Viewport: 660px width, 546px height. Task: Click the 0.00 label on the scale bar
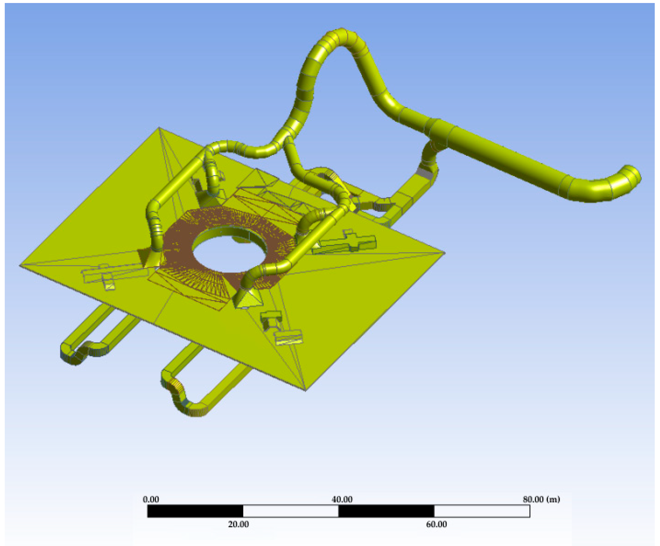click(151, 500)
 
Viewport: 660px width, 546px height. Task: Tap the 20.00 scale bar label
click(238, 524)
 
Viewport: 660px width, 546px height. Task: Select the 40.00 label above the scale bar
click(342, 500)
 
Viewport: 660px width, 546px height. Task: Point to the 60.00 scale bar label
click(436, 524)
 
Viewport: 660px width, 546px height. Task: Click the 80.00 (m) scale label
click(541, 500)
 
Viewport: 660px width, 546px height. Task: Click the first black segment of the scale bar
click(195, 511)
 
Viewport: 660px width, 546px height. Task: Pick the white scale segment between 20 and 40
click(291, 511)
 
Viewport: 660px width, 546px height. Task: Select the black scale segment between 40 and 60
click(386, 511)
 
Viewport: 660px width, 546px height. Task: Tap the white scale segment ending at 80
click(482, 511)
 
